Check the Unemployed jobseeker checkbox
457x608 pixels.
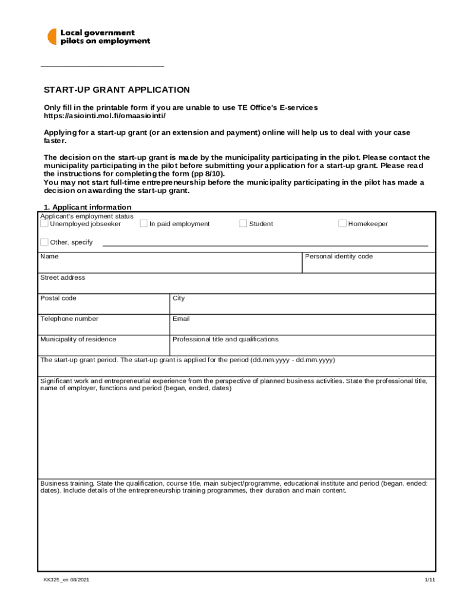click(x=45, y=223)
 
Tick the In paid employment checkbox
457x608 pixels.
click(x=144, y=223)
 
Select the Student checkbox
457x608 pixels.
click(x=243, y=223)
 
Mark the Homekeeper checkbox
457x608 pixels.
click(x=342, y=223)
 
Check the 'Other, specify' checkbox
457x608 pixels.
click(x=45, y=242)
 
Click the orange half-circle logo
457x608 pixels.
click(x=52, y=37)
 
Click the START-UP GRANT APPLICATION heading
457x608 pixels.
click(x=117, y=90)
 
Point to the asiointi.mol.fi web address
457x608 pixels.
click(x=105, y=115)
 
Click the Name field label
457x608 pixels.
click(x=49, y=256)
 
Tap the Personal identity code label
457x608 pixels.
click(x=338, y=256)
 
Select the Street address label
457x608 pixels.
click(x=62, y=277)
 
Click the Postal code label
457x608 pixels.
click(x=58, y=298)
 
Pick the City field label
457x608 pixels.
click(x=179, y=298)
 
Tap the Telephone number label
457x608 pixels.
click(x=69, y=318)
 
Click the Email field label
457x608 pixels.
click(x=181, y=318)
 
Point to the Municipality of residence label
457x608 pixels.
click(x=78, y=339)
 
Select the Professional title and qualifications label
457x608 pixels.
click(x=225, y=339)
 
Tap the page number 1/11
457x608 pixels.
click(x=430, y=579)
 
